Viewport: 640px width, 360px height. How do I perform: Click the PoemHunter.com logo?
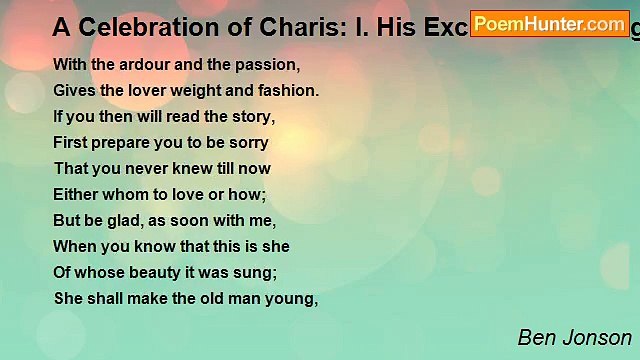(550, 23)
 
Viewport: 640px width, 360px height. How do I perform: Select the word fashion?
(288, 90)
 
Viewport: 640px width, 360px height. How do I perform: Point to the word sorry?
(248, 142)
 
